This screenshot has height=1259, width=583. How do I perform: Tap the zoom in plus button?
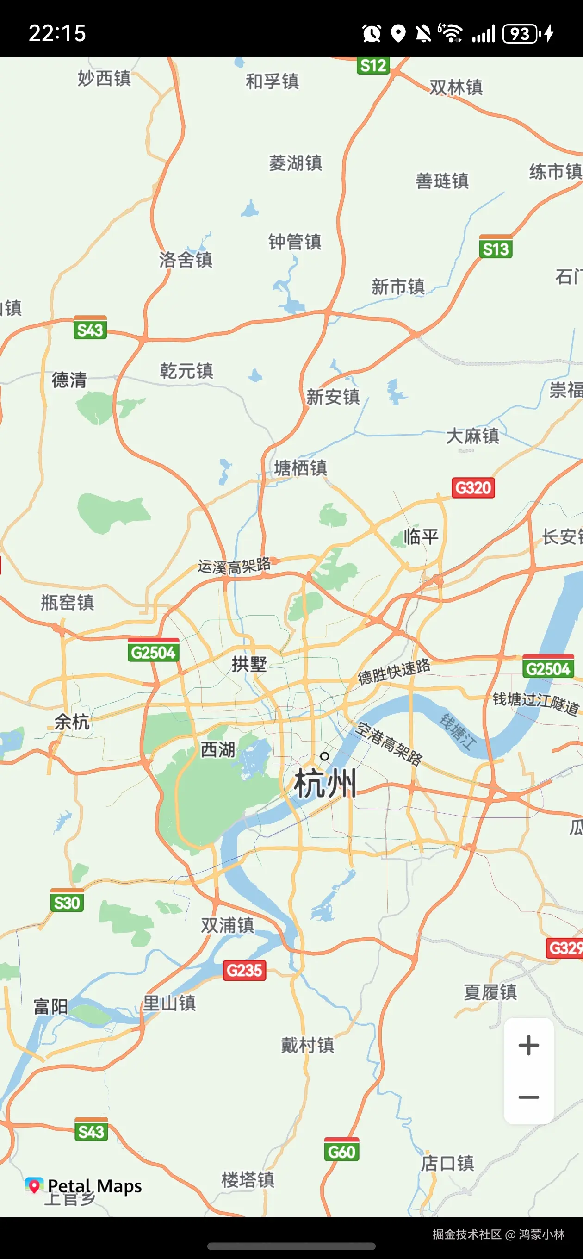[x=528, y=1046]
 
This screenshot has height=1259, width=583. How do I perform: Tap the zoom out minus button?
[x=528, y=1097]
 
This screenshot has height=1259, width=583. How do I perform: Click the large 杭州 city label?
[x=325, y=784]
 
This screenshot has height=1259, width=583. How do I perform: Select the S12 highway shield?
[x=373, y=65]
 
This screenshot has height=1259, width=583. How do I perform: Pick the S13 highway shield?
[x=496, y=249]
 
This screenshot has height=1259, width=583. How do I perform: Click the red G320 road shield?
[x=473, y=488]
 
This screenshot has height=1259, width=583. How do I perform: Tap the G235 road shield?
[x=245, y=970]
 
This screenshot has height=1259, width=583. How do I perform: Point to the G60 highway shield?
[x=341, y=1152]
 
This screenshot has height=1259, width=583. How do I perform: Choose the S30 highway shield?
[x=67, y=902]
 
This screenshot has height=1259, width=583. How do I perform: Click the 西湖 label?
[x=218, y=749]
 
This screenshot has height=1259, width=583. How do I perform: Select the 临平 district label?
[x=421, y=536]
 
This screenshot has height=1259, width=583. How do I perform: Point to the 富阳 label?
[x=51, y=1006]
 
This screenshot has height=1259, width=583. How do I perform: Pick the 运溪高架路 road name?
[x=234, y=566]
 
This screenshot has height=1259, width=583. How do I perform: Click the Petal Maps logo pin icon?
[x=34, y=1185]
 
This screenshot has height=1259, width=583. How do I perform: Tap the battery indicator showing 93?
[x=520, y=34]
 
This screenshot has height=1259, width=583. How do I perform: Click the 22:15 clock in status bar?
[x=57, y=33]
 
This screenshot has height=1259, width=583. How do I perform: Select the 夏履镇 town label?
[x=490, y=992]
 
